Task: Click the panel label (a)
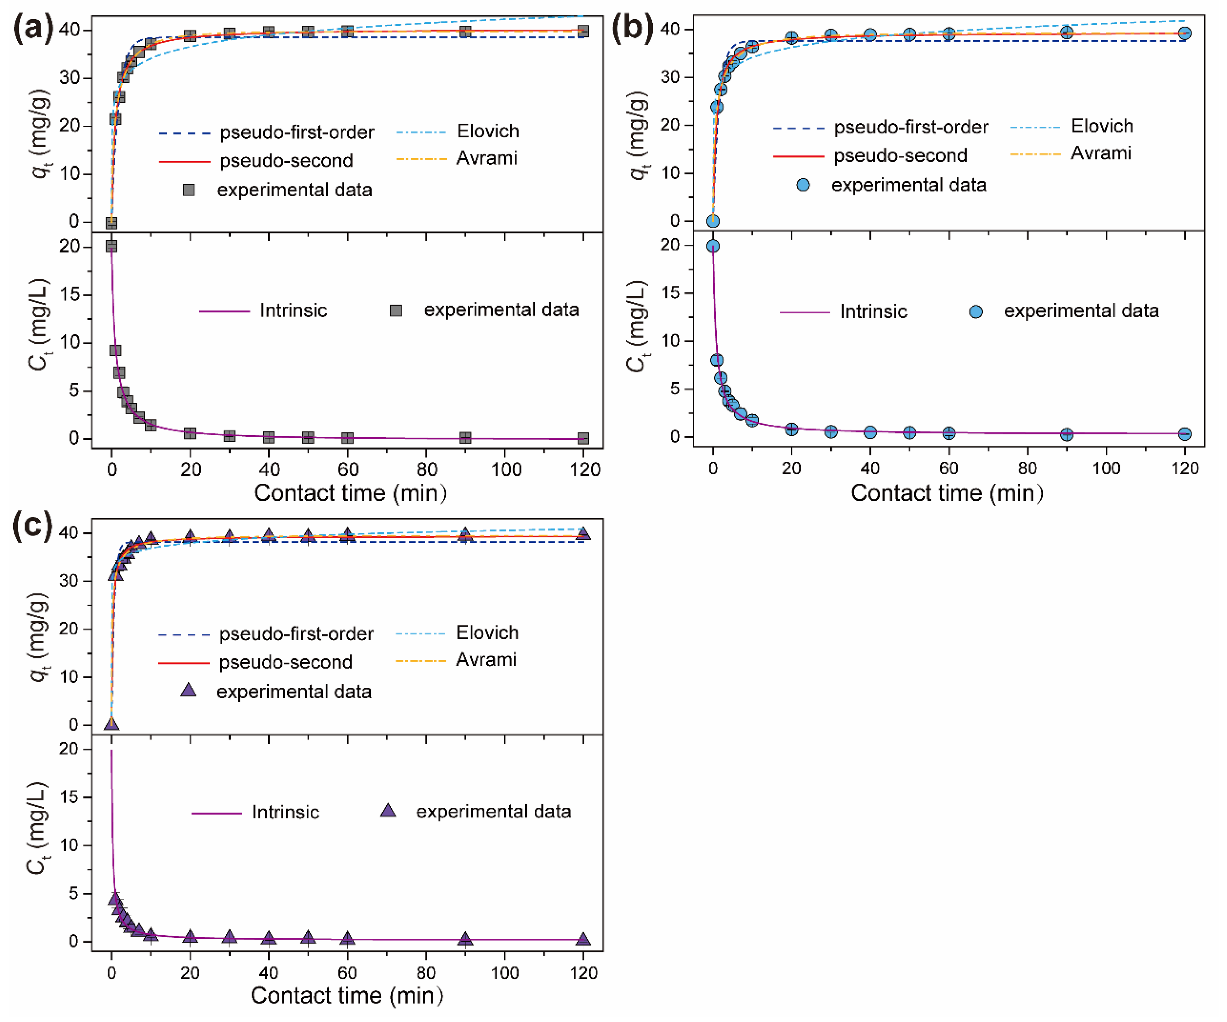(33, 28)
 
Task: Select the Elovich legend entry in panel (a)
(487, 131)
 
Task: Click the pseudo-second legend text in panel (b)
(900, 156)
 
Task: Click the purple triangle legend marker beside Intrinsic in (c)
(388, 811)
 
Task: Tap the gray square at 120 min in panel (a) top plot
(583, 31)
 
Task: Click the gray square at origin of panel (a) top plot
(111, 223)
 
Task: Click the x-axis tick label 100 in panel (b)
(1106, 468)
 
